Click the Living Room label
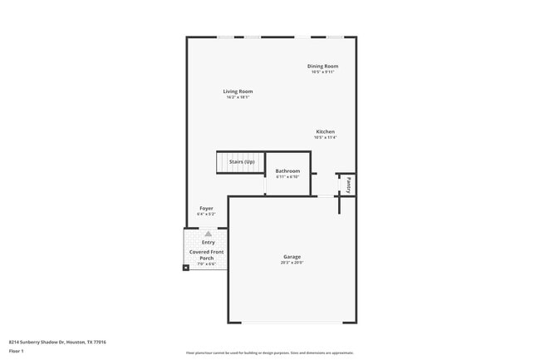(x=238, y=91)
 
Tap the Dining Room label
(x=322, y=66)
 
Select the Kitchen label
(x=325, y=131)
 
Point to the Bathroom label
(x=287, y=170)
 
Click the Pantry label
(x=350, y=184)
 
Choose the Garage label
(x=292, y=257)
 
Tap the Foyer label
(x=206, y=208)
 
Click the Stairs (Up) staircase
(x=240, y=161)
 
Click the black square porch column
(x=186, y=267)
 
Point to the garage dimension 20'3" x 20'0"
(x=292, y=263)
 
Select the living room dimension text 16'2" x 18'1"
(x=238, y=97)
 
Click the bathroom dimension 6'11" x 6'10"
(x=287, y=176)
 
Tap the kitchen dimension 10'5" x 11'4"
(x=325, y=137)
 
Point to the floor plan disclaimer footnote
(x=270, y=353)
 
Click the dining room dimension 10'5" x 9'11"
(x=322, y=72)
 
